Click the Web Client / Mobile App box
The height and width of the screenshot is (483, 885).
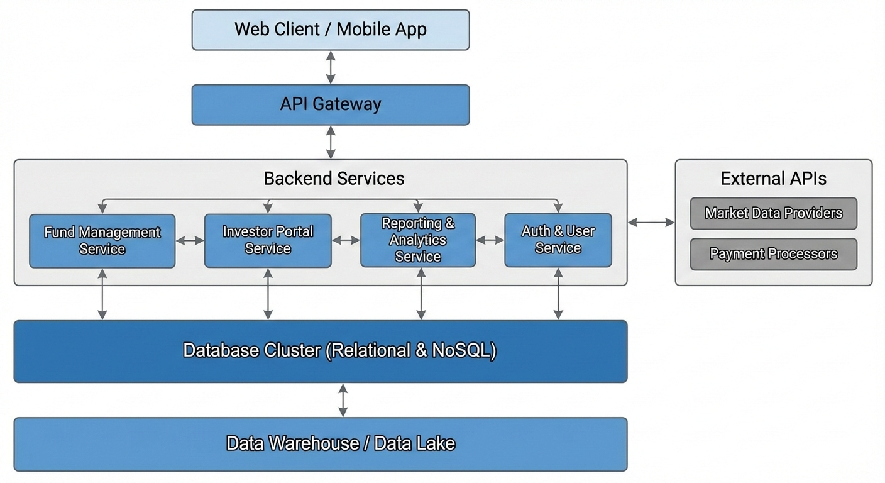pyautogui.click(x=331, y=30)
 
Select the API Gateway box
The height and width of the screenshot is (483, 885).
pyautogui.click(x=331, y=104)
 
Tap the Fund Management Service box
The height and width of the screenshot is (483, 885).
pyautogui.click(x=102, y=241)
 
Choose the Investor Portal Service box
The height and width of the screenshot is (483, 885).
pyautogui.click(x=268, y=240)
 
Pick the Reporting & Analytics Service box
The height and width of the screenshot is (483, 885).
pyautogui.click(x=418, y=240)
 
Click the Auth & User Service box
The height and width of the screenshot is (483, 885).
pyautogui.click(x=558, y=240)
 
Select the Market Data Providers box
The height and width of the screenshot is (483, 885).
pyautogui.click(x=773, y=213)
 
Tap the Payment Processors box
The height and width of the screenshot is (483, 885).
pyautogui.click(x=773, y=254)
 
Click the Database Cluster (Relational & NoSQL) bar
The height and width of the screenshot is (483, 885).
pyautogui.click(x=321, y=351)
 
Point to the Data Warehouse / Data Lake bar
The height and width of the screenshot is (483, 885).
pyautogui.click(x=321, y=444)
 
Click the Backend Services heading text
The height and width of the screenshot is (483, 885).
pyautogui.click(x=334, y=179)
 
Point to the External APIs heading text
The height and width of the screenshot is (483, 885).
pyautogui.click(x=773, y=179)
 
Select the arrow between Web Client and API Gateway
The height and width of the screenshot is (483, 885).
pyautogui.click(x=331, y=67)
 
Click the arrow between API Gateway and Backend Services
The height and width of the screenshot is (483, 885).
pyautogui.click(x=331, y=142)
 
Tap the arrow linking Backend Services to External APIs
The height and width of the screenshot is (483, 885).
pyautogui.click(x=651, y=222)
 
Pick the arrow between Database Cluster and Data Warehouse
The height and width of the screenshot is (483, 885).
pyautogui.click(x=343, y=400)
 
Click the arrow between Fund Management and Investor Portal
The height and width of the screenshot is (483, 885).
pyautogui.click(x=190, y=240)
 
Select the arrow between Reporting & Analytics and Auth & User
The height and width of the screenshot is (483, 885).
pyautogui.click(x=490, y=240)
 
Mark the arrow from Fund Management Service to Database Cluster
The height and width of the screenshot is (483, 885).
pyautogui.click(x=102, y=294)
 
